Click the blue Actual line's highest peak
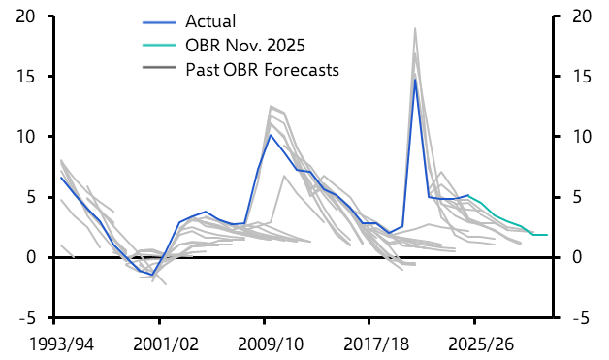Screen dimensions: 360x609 (x=415, y=79)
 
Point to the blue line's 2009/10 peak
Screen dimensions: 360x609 (x=270, y=135)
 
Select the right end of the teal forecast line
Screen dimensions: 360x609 (x=548, y=235)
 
